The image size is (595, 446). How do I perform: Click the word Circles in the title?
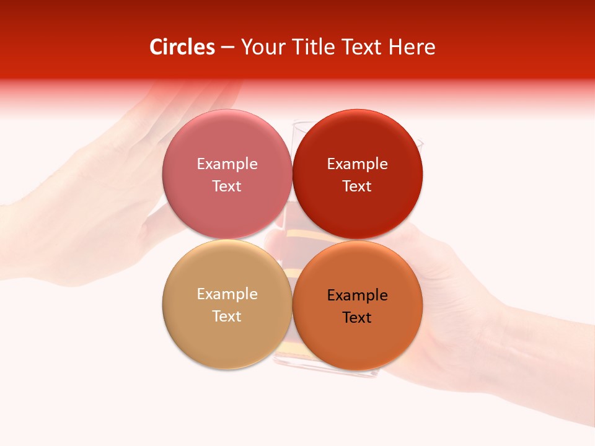pyautogui.click(x=182, y=47)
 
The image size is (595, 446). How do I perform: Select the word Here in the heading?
pyautogui.click(x=412, y=47)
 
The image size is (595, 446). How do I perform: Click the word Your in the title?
pyautogui.click(x=260, y=47)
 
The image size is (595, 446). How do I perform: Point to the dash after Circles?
pyautogui.click(x=227, y=48)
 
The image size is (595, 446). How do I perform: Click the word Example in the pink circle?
pyautogui.click(x=227, y=164)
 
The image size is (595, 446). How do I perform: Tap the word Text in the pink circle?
pyautogui.click(x=227, y=186)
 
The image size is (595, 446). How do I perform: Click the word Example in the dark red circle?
pyautogui.click(x=357, y=164)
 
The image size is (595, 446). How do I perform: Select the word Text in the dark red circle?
pyautogui.click(x=357, y=186)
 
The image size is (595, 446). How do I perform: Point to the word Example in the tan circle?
pyautogui.click(x=227, y=294)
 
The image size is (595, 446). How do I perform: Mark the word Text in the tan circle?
pyautogui.click(x=227, y=316)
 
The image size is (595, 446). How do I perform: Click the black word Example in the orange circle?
pyautogui.click(x=357, y=295)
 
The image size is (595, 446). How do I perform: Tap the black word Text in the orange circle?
pyautogui.click(x=357, y=317)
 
